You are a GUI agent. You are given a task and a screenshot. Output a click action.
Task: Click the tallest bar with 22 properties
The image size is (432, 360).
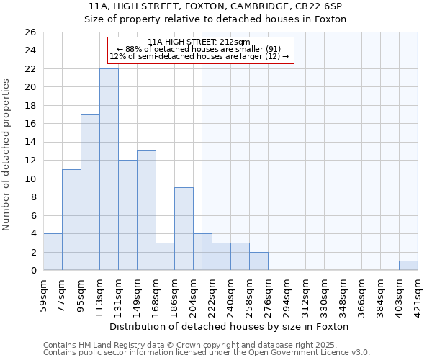109,169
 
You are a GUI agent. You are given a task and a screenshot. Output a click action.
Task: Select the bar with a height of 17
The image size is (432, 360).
90,192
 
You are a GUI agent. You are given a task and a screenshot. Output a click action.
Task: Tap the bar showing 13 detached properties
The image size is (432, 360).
146,210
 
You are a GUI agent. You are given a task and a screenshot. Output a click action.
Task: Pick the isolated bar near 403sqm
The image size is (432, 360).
408,266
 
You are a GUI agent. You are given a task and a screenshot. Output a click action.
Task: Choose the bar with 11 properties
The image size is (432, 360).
71,220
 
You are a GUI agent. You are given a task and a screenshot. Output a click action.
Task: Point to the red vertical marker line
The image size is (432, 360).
202,166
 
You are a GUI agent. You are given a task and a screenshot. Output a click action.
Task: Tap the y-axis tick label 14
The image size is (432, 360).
30,143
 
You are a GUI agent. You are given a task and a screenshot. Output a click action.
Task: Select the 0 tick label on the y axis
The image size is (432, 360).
32,271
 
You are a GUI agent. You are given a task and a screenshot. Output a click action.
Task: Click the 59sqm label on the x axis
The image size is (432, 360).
44,294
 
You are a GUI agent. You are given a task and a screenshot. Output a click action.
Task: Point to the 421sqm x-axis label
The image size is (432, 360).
418,294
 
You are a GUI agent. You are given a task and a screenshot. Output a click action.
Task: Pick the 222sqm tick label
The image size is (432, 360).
212,294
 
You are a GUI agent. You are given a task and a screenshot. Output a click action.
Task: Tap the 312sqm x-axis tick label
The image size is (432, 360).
306,294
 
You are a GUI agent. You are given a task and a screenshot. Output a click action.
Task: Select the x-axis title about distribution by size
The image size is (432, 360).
230,326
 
